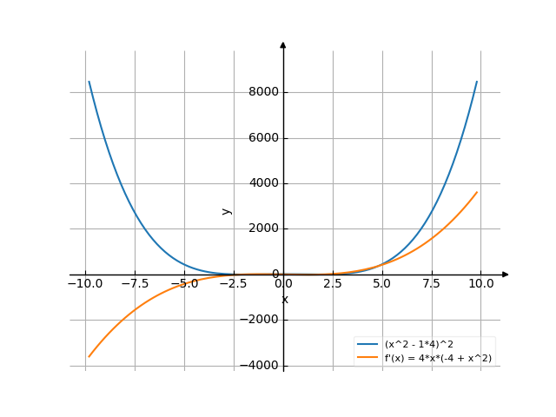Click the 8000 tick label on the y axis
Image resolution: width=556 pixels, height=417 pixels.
[x=262, y=92]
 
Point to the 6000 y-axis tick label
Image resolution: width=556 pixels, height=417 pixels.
[x=262, y=138]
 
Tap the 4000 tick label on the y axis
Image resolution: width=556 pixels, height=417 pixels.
[x=262, y=183]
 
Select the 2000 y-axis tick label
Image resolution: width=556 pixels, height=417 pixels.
[x=262, y=228]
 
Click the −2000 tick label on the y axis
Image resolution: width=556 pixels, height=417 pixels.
[x=259, y=320]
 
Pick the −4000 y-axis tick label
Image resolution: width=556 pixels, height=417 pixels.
[x=259, y=365]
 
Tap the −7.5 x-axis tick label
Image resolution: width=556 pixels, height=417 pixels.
[x=134, y=283]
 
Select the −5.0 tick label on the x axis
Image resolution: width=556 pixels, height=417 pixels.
[x=183, y=283]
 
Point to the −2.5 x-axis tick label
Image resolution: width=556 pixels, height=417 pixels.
[x=233, y=283]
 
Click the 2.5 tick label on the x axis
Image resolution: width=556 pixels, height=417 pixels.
[x=333, y=283]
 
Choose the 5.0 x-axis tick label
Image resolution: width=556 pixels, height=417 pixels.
[x=382, y=283]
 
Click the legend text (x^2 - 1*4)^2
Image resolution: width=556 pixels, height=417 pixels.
[x=419, y=345]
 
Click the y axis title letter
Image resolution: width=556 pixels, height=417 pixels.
[x=226, y=210]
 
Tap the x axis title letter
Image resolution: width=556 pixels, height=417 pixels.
[x=284, y=300]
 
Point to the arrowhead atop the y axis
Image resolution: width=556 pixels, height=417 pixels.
[x=283, y=44]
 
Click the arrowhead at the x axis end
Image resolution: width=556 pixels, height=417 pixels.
[x=506, y=275]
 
